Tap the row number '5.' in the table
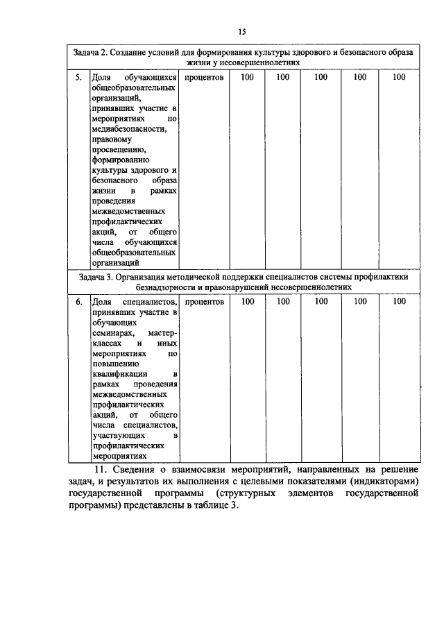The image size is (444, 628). (x=80, y=78)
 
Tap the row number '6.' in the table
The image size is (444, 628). (x=80, y=302)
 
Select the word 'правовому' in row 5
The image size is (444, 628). (x=112, y=139)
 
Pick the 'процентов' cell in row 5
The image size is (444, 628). (x=205, y=78)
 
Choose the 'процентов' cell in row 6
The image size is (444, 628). (x=205, y=302)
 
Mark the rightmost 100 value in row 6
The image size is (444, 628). (x=398, y=302)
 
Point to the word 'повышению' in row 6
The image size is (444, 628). (x=115, y=364)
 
